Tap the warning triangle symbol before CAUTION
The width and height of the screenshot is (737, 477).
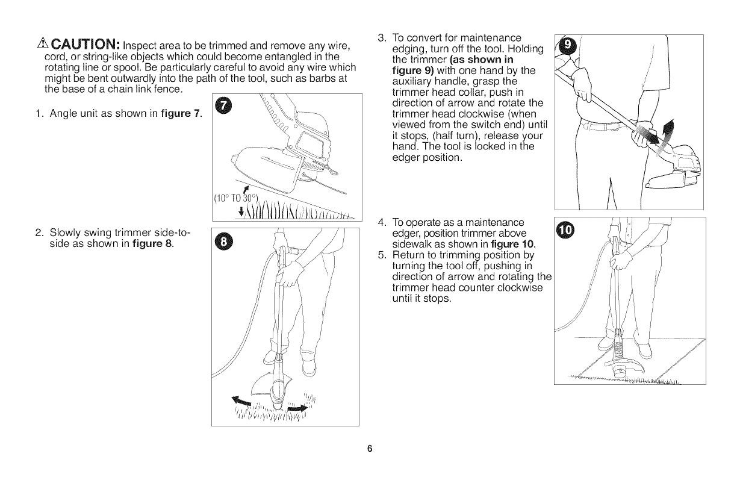(43, 43)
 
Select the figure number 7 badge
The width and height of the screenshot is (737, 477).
(223, 106)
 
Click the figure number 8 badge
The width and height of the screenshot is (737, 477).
(223, 242)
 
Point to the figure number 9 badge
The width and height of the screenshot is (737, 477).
(568, 44)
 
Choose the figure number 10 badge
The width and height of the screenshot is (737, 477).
(565, 230)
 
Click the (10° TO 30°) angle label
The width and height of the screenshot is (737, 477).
(236, 198)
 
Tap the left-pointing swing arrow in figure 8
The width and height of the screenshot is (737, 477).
(241, 401)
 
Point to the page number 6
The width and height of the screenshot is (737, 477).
(370, 449)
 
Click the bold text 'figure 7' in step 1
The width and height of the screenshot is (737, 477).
(180, 114)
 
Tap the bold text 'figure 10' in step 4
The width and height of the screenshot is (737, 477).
(512, 245)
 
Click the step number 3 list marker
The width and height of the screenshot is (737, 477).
(382, 38)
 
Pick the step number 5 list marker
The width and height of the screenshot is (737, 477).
(382, 255)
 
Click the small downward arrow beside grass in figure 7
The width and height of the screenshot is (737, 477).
(241, 211)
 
